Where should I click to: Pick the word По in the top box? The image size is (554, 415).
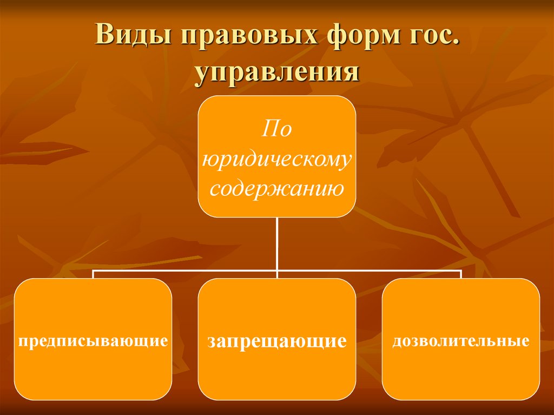point(276,129)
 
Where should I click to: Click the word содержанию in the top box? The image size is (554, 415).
point(276,189)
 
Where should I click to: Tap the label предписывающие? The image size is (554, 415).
point(93,341)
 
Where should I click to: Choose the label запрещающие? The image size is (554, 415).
point(276,341)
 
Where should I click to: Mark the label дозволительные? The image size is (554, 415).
point(460,341)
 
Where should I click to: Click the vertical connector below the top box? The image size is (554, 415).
point(276,243)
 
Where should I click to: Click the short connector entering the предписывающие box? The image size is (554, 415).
point(93,274)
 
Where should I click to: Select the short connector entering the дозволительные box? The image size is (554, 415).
point(460,274)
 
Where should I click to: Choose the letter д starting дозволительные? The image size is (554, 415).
point(397,341)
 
